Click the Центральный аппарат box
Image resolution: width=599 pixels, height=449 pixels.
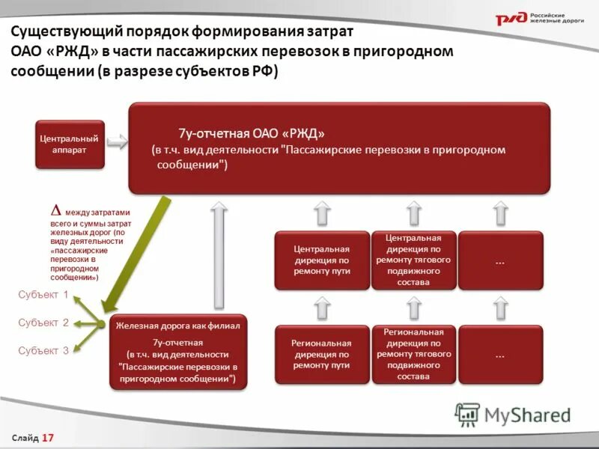point(69,144)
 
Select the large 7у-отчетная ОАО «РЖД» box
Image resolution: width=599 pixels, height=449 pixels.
point(339,148)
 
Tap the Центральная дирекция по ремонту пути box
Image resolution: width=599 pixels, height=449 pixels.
point(322,260)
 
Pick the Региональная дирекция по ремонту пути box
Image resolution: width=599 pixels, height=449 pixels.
point(322,354)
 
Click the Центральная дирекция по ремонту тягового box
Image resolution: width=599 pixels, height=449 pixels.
point(414,260)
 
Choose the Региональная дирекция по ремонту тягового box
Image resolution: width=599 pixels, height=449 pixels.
point(414,354)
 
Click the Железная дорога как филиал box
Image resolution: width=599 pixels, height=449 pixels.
point(177,352)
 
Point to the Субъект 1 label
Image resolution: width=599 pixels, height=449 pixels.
point(43,295)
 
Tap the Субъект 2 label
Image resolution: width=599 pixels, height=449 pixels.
point(43,323)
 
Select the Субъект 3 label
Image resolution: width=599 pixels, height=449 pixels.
point(43,350)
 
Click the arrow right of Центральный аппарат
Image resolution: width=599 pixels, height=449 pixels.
point(118,142)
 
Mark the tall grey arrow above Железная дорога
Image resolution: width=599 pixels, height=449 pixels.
point(219,254)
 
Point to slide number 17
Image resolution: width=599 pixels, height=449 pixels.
point(49,437)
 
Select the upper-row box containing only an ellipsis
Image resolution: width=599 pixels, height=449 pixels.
point(500,260)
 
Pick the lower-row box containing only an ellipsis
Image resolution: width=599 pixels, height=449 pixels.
point(500,355)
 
